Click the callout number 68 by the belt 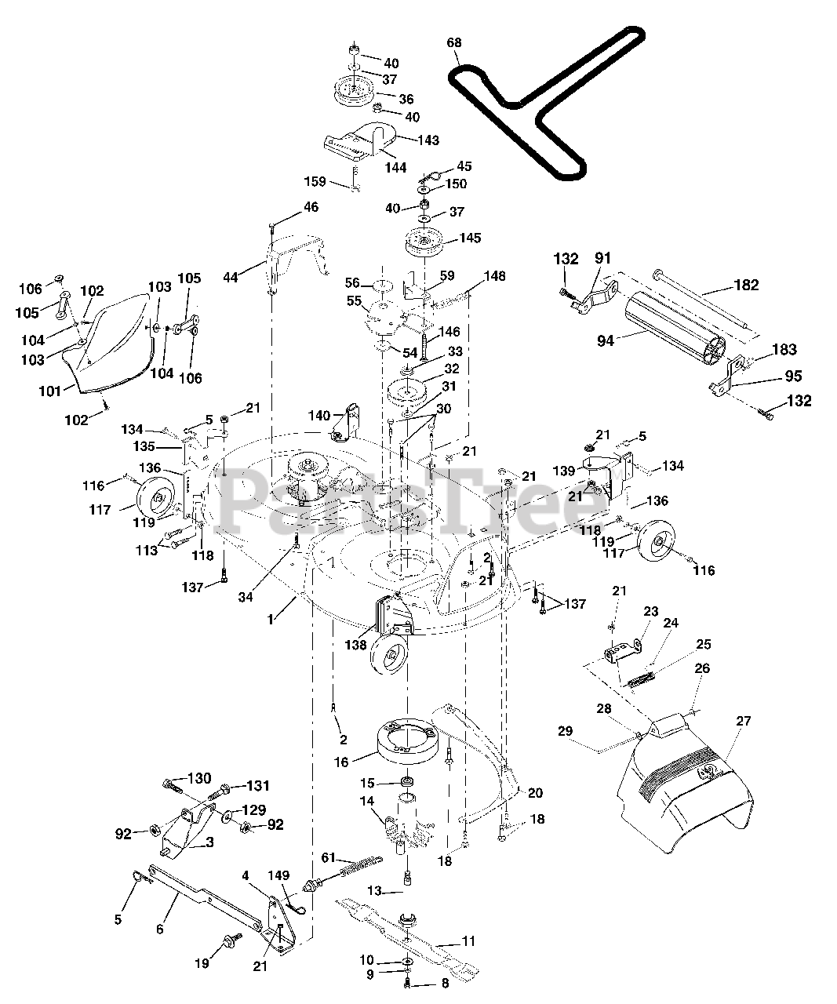453,43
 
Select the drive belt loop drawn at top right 546,104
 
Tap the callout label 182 746,286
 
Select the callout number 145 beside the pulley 470,238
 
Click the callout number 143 428,140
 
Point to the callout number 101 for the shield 50,391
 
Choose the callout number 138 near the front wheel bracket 355,645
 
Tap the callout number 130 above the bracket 199,778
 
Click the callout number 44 231,277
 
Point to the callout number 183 784,349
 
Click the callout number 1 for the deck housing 271,620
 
